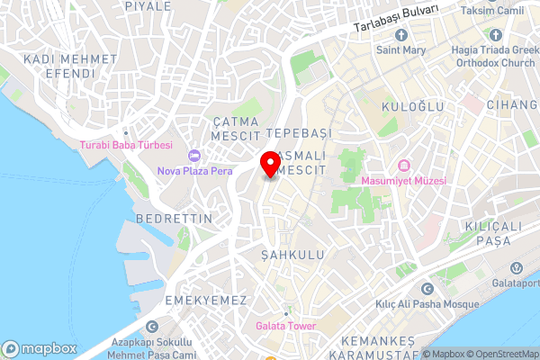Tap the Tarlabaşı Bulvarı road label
click(396, 17)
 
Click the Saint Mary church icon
click(400, 34)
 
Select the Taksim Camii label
click(490, 11)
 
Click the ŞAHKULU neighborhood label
click(291, 255)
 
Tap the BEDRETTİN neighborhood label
click(174, 219)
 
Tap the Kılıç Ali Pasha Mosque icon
click(427, 290)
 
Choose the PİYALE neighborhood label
click(148, 6)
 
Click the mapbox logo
click(38, 348)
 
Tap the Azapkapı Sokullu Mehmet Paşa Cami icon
click(152, 327)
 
